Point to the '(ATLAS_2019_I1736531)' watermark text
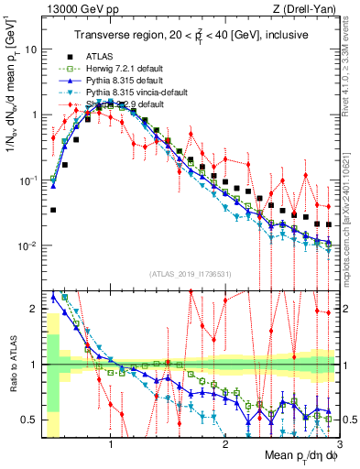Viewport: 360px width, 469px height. (x=190, y=274)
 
